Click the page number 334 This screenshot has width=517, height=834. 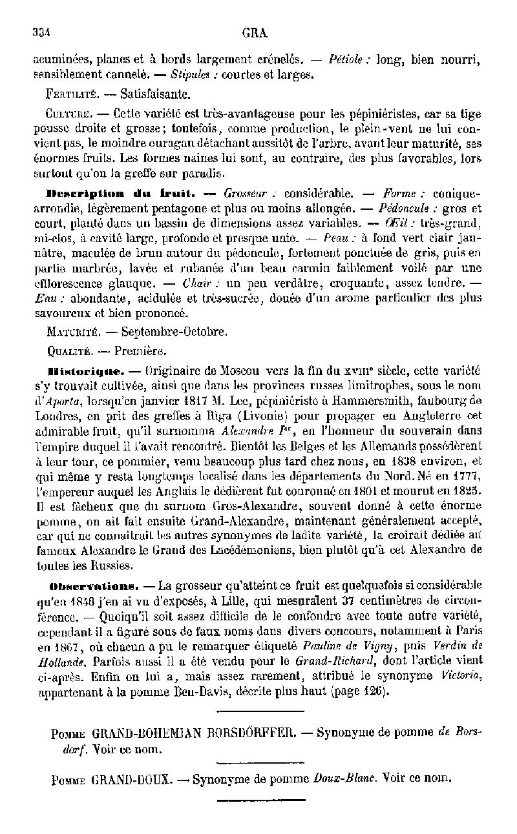tap(42, 32)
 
